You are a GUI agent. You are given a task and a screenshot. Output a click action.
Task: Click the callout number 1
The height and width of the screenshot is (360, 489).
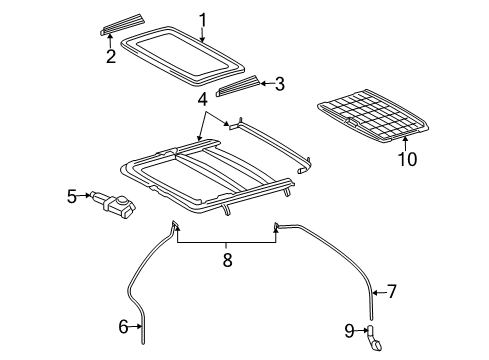click(x=203, y=19)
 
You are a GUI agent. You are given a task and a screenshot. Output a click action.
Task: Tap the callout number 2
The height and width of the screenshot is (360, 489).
click(x=111, y=57)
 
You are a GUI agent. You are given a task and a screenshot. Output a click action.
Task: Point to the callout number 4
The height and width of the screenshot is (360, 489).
click(x=203, y=99)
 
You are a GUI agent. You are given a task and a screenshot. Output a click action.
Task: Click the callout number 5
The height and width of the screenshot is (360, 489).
click(x=73, y=197)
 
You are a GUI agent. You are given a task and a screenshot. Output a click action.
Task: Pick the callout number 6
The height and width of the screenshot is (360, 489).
click(x=125, y=325)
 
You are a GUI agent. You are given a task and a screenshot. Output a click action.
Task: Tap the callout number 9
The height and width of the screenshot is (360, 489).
click(x=349, y=329)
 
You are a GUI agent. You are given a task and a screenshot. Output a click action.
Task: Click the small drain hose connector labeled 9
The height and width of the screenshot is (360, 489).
click(x=373, y=337)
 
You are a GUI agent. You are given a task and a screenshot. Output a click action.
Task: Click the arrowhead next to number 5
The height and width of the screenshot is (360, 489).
click(x=88, y=197)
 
